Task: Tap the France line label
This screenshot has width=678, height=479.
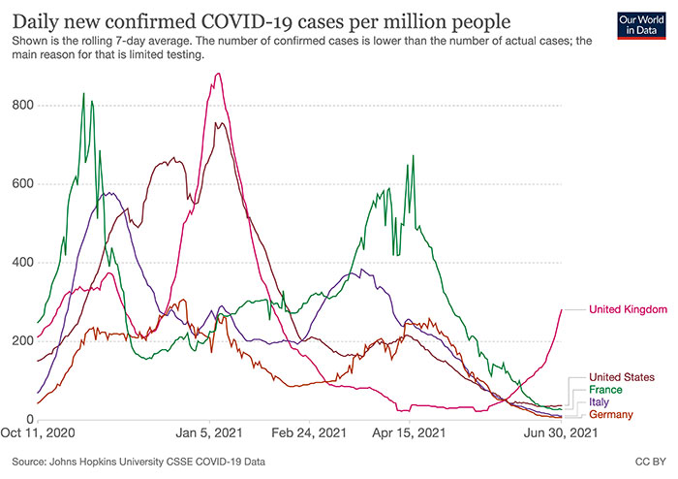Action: [x=606, y=389]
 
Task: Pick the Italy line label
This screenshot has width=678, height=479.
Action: [x=600, y=401]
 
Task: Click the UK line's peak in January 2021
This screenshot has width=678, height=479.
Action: [x=219, y=74]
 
